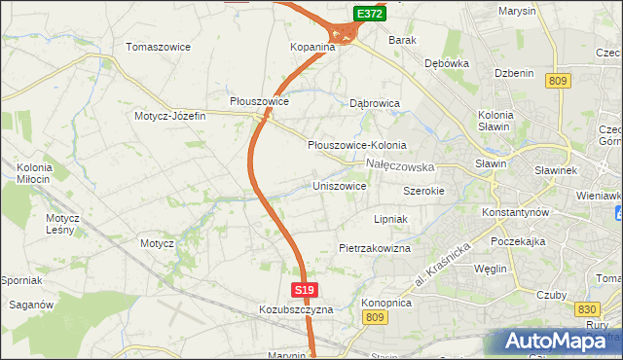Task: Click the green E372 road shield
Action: pos(368,14)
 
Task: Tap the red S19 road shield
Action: pos(304,290)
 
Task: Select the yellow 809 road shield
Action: pos(558,82)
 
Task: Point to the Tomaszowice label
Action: pos(158,47)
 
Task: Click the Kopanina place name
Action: pos(312,46)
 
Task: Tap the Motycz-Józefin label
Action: pos(170,116)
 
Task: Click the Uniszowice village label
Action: pos(339,185)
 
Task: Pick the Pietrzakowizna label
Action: pos(375,248)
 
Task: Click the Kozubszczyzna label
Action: pos(296,309)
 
